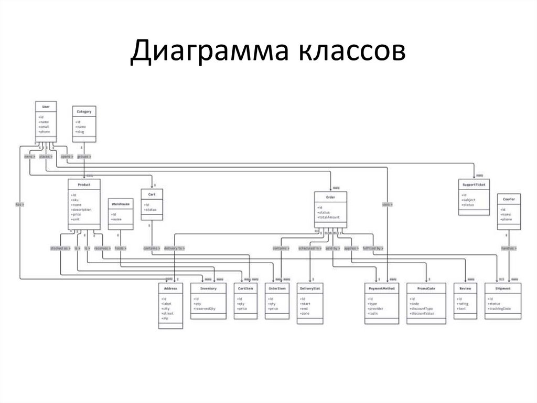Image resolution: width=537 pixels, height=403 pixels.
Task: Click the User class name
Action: pyautogui.click(x=46, y=107)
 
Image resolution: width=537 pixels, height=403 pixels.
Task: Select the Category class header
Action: pyautogui.click(x=84, y=112)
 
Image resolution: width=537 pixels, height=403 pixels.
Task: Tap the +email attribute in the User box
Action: pyautogui.click(x=45, y=127)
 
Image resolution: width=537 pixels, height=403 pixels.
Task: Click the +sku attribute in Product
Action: pyautogui.click(x=75, y=200)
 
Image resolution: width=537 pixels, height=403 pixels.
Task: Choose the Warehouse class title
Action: pyautogui.click(x=120, y=203)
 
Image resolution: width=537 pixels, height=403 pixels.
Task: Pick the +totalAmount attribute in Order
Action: pyautogui.click(x=329, y=217)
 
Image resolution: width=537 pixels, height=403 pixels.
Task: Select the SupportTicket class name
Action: pyautogui.click(x=474, y=185)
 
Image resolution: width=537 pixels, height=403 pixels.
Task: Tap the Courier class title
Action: pyautogui.click(x=509, y=200)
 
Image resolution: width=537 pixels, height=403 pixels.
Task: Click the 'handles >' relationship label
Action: pyautogui.click(x=509, y=247)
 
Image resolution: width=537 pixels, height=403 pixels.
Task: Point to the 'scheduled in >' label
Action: pyautogui.click(x=310, y=247)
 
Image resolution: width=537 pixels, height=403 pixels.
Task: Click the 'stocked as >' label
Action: pyautogui.click(x=60, y=247)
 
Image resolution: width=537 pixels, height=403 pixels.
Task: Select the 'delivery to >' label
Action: pyautogui.click(x=174, y=247)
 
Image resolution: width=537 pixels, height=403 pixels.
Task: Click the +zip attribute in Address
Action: pyautogui.click(x=166, y=318)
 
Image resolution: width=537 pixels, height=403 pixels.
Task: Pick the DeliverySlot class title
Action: pyautogui.click(x=310, y=289)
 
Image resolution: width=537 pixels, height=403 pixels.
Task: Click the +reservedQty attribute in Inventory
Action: pyautogui.click(x=205, y=308)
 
